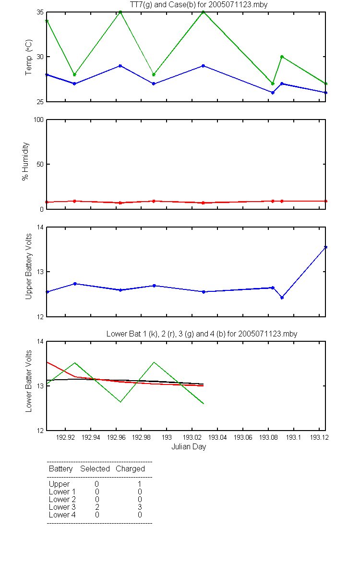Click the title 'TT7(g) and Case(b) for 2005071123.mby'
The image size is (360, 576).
tap(199, 5)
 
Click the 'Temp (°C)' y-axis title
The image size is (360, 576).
tap(28, 57)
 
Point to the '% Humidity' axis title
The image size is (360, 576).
tap(25, 161)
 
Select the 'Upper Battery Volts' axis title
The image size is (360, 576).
tap(28, 266)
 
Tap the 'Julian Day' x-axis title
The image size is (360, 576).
tap(189, 447)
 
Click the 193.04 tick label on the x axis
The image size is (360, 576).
tap(217, 437)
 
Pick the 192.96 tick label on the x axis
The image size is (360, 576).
tap(116, 437)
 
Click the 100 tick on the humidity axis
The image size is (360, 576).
tap(38, 120)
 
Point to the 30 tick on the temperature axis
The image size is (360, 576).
tap(40, 57)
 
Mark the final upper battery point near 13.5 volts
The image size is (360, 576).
tap(325, 247)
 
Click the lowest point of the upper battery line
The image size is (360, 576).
tap(282, 298)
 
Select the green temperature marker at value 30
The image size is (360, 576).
tap(282, 57)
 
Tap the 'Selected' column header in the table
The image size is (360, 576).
tap(95, 468)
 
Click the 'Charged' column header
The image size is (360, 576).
tap(130, 469)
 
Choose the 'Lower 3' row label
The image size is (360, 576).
tap(62, 507)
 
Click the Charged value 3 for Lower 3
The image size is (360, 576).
tap(140, 507)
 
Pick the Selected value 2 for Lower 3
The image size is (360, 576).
tap(97, 507)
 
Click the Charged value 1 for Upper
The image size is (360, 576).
tap(139, 484)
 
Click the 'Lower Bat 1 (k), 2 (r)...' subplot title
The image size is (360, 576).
tap(202, 334)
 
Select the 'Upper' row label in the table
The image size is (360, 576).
tap(59, 484)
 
